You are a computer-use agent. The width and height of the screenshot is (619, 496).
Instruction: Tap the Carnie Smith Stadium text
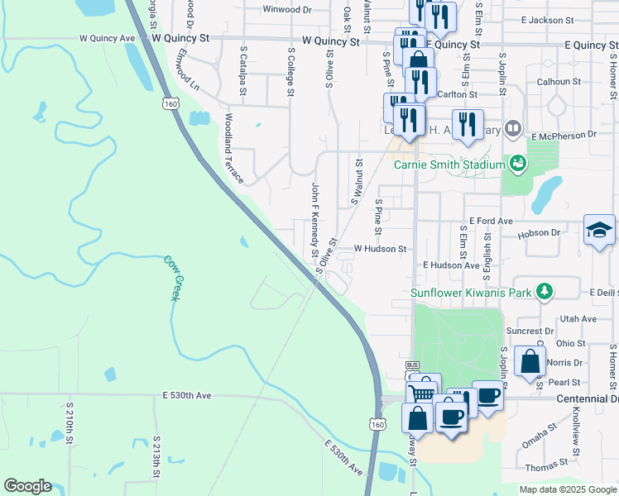[449, 164]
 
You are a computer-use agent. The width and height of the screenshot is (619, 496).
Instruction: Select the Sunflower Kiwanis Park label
[470, 292]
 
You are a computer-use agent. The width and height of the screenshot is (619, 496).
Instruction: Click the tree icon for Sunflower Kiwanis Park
[544, 291]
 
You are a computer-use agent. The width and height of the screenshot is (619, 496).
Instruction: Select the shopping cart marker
[422, 393]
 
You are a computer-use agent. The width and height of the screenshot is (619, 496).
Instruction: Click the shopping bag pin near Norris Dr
[530, 361]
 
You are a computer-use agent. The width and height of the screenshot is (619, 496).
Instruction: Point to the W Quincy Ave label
[107, 38]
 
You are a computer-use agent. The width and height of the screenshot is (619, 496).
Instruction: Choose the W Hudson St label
[380, 248]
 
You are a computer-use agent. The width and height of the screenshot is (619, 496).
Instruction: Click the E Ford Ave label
[491, 222]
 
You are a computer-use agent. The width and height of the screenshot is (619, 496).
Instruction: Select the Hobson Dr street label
[539, 233]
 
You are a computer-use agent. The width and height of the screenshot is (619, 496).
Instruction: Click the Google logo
[27, 486]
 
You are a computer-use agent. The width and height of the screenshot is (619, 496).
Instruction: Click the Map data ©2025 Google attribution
[568, 489]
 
